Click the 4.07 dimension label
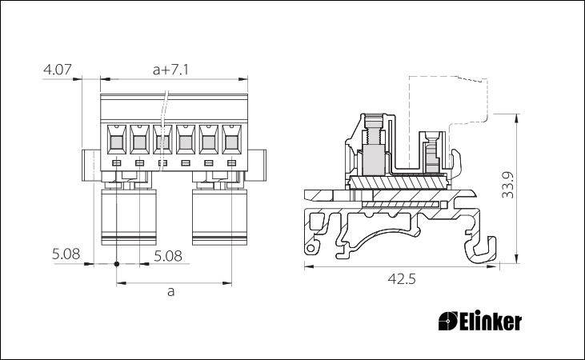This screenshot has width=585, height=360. click(58, 70)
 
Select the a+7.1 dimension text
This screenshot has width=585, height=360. click(170, 70)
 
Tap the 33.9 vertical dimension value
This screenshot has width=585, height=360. click(507, 185)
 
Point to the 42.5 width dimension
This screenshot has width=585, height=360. click(402, 278)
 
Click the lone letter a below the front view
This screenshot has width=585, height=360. click(170, 291)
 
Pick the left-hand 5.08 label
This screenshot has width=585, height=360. click(66, 254)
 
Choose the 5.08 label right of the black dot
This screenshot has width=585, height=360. click(168, 256)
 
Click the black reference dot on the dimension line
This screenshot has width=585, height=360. click(117, 264)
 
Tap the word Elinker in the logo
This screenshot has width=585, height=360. click(491, 322)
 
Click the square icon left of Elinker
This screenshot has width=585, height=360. click(447, 321)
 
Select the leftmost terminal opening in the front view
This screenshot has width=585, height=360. click(117, 139)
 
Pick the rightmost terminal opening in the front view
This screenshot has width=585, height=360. click(232, 139)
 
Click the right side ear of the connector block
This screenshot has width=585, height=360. click(257, 166)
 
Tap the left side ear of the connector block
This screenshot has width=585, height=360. click(91, 166)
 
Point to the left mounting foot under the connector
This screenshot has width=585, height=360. click(129, 217)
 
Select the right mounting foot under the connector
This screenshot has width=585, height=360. click(220, 217)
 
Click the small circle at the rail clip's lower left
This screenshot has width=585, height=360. click(311, 249)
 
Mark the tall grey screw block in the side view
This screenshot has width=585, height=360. click(374, 160)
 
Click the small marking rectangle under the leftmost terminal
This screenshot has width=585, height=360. click(117, 163)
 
